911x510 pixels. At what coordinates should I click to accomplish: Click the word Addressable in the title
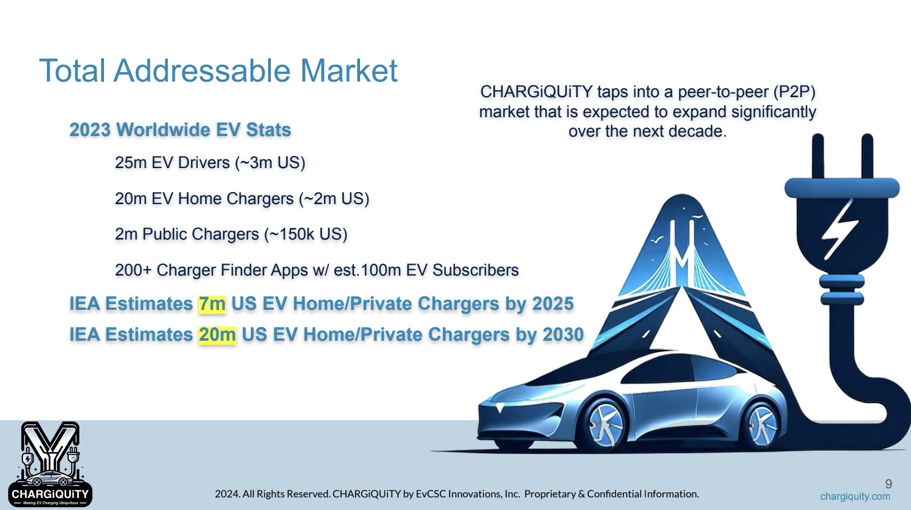(x=202, y=71)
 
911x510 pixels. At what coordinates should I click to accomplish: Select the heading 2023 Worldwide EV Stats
(x=180, y=130)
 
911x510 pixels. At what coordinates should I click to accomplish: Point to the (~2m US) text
(x=334, y=198)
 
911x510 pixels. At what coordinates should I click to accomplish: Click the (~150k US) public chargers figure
(x=306, y=234)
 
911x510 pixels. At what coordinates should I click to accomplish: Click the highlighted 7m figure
(x=212, y=304)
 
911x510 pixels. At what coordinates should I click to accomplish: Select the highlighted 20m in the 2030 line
(x=218, y=334)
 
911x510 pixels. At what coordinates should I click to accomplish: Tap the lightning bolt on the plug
(x=840, y=229)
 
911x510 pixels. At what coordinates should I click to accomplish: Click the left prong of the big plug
(x=818, y=157)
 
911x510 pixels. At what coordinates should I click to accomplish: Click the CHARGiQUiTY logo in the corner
(x=50, y=464)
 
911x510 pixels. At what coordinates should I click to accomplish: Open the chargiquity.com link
(x=855, y=497)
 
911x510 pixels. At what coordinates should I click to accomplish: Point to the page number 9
(x=889, y=484)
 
